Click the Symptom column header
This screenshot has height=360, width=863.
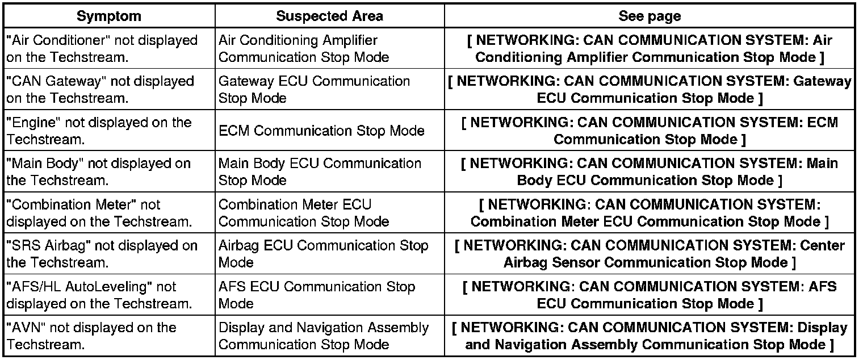tap(109, 16)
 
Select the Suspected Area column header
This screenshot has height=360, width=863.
tap(329, 16)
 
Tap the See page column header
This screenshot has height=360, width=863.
tap(650, 16)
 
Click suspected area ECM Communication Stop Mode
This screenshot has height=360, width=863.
tap(321, 131)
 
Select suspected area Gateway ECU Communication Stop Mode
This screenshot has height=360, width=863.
tap(314, 90)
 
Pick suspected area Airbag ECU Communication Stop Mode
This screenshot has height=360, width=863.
tap(323, 254)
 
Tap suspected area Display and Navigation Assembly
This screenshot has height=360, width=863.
tap(324, 336)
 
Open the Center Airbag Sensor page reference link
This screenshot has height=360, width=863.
tap(650, 254)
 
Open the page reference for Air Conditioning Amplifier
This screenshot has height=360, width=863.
tap(650, 49)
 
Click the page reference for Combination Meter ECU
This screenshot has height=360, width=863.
tap(650, 213)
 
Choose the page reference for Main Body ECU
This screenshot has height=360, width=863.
tap(650, 171)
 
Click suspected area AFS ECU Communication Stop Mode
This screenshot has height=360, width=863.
tap(317, 295)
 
